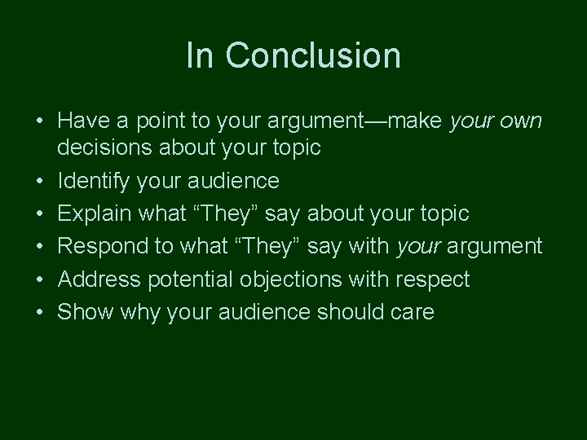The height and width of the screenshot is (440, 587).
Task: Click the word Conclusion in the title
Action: point(313,55)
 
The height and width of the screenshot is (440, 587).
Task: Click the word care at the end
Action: point(411,312)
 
